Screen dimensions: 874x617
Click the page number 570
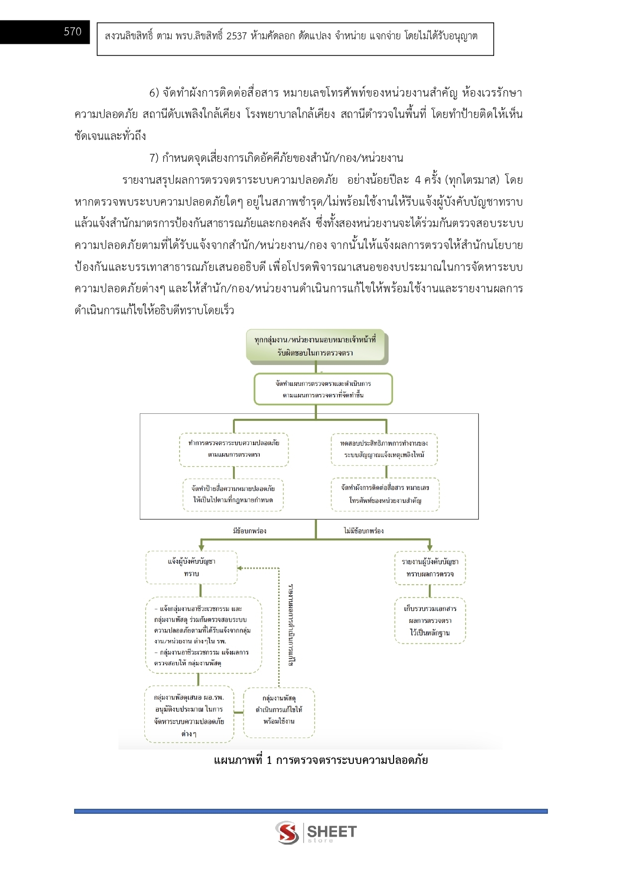[73, 32]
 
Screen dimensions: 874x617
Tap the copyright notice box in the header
[295, 38]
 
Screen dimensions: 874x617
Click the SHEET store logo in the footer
[316, 833]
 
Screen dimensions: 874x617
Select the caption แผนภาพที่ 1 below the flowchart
[320, 760]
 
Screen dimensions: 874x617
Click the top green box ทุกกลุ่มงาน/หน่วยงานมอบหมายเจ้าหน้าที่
[315, 346]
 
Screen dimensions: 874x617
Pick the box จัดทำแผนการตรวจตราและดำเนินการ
[323, 389]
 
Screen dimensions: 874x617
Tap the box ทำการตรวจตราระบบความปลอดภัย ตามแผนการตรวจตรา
[234, 449]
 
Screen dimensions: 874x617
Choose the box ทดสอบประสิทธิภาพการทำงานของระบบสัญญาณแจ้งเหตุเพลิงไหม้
[384, 449]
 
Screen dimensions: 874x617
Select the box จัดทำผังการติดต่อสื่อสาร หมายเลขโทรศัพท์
[385, 494]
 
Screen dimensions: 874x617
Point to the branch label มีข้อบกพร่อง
[249, 531]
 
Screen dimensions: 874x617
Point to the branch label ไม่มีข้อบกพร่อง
[364, 531]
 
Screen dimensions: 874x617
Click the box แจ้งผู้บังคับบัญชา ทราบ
[192, 567]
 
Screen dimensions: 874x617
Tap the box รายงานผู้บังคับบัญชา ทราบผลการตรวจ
[430, 567]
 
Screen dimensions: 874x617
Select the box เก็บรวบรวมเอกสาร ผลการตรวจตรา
[430, 621]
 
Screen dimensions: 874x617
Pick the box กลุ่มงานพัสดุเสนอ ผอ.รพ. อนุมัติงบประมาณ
[189, 715]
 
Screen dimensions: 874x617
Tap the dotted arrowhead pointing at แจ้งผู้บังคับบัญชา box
[239, 568]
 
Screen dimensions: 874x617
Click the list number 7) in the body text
[154, 158]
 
